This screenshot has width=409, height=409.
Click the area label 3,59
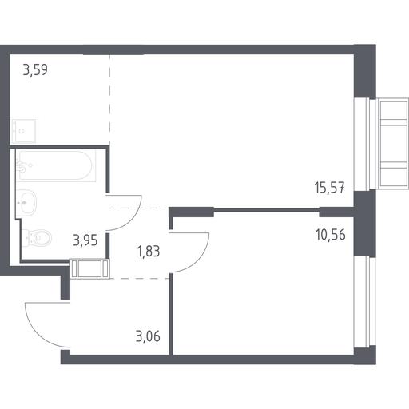point(35,70)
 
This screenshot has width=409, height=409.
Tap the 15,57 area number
point(330,188)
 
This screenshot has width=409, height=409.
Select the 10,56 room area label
point(330,235)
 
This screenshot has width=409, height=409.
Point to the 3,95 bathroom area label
point(85,240)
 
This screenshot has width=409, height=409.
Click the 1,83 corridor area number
point(149,252)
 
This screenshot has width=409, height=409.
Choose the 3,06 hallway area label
point(148,336)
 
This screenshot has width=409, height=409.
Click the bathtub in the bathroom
point(56,165)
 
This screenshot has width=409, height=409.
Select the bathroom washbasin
point(26,202)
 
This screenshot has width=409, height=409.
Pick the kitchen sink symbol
point(24,130)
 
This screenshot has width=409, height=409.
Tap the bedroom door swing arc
point(201,259)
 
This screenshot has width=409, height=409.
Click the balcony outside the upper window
point(392,144)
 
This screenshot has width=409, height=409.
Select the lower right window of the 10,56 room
point(365,302)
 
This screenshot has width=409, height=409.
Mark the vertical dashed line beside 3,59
point(109,99)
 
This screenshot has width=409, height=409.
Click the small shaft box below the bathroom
point(90,269)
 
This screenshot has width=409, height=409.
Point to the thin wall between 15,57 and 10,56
point(266,210)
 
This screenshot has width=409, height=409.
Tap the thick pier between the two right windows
point(365,223)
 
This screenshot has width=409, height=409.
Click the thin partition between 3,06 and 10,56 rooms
point(171,314)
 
